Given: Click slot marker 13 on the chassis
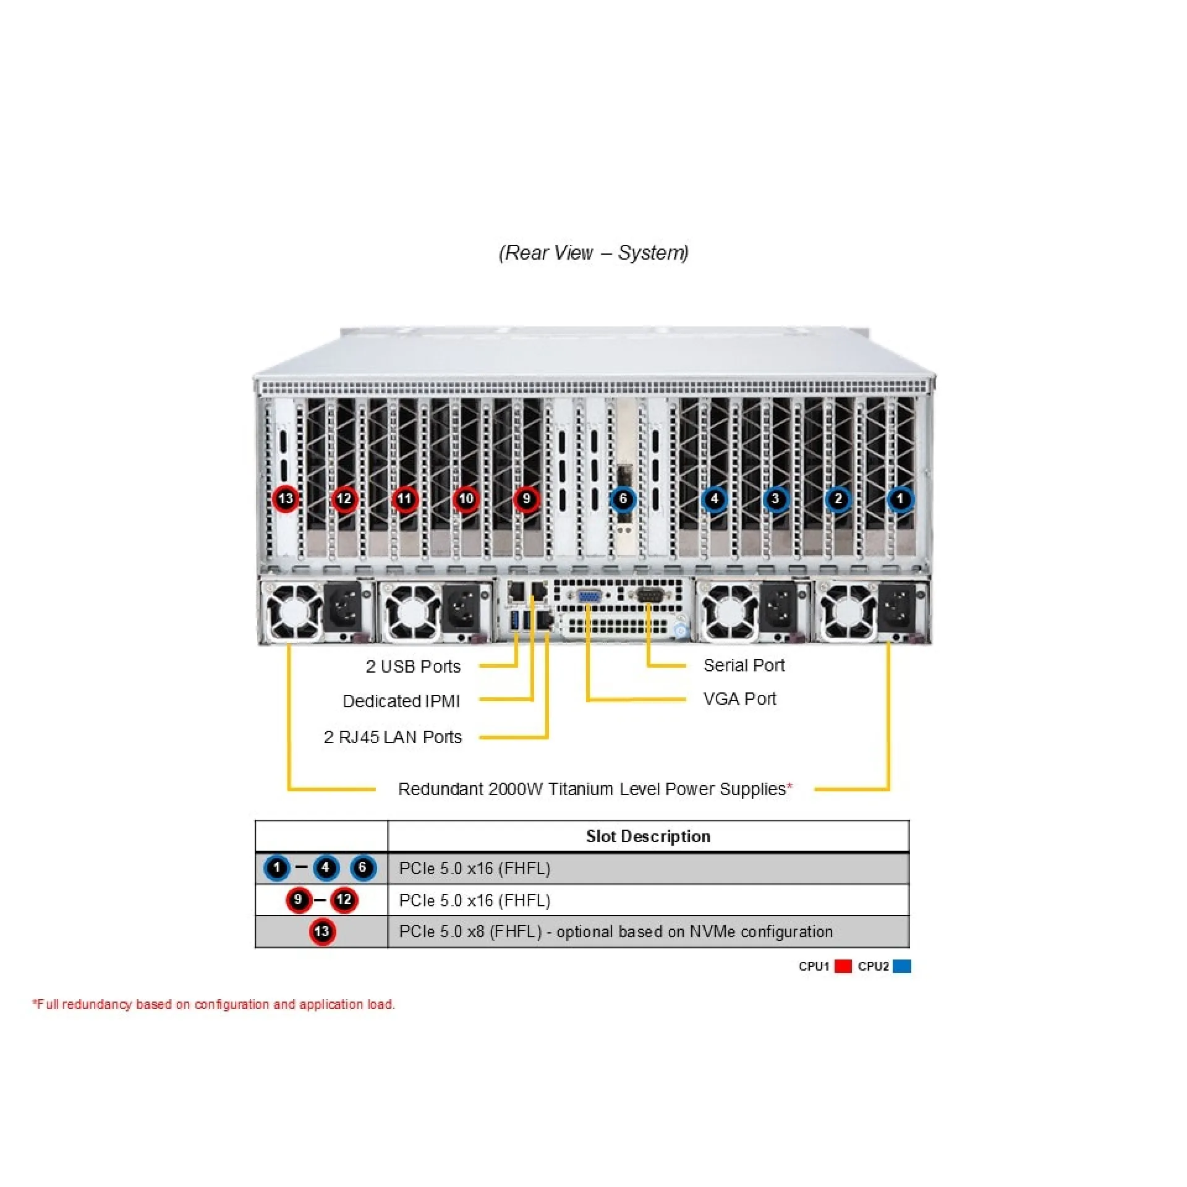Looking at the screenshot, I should coord(286,499).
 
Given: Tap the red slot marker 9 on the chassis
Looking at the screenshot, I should coord(526,499).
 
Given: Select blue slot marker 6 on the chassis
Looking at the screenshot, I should coord(623,499).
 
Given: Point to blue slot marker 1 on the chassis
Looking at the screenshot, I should coord(900,499).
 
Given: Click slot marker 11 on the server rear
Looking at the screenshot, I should coord(404,499).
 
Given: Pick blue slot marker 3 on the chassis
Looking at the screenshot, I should coord(775,499).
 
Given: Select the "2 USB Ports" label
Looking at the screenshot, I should coord(413,666).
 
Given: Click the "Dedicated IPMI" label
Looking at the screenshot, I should coord(401,701).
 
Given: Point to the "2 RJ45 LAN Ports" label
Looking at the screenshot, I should coord(393,737).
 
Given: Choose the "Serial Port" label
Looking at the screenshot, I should coord(744,665).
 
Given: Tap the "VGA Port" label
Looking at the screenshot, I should coord(739,699).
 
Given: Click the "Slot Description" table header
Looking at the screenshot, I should coord(648,836).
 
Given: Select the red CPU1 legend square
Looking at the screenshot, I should coord(843,966).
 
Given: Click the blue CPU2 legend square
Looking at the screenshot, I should coord(902,966).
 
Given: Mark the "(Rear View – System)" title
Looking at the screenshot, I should coord(593,253).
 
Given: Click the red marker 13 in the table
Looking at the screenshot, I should coord(322,932).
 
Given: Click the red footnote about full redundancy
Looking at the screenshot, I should coord(214,1005).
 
